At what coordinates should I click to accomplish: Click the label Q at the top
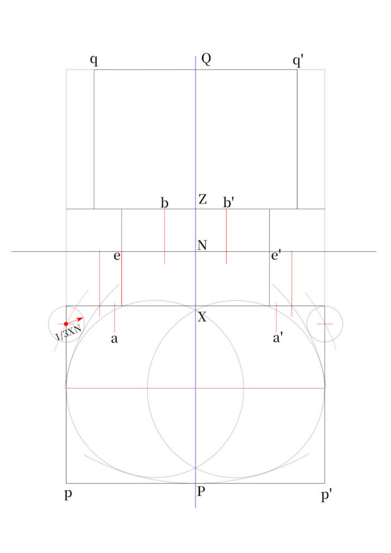tap(206, 59)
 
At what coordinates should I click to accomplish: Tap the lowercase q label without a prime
tap(94, 60)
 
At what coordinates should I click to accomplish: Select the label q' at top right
tap(298, 61)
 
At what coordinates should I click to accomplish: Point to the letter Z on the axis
tap(202, 199)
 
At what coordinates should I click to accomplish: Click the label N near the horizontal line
tap(202, 245)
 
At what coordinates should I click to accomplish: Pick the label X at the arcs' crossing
tap(202, 317)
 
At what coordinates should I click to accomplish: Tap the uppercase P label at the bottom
tap(201, 491)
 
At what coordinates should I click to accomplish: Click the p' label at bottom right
tap(326, 495)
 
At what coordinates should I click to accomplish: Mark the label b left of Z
tap(164, 203)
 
